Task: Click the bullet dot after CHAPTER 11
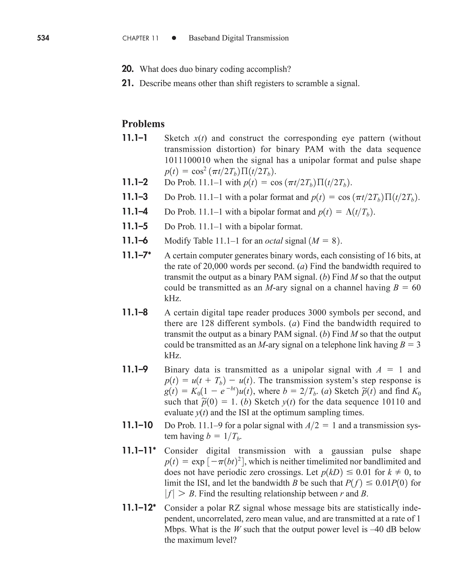(174, 38)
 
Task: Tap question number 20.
(127, 69)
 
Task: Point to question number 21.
(127, 83)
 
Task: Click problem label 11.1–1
(135, 138)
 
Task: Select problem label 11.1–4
(135, 212)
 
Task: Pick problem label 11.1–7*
(136, 255)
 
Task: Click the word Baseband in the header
(204, 38)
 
